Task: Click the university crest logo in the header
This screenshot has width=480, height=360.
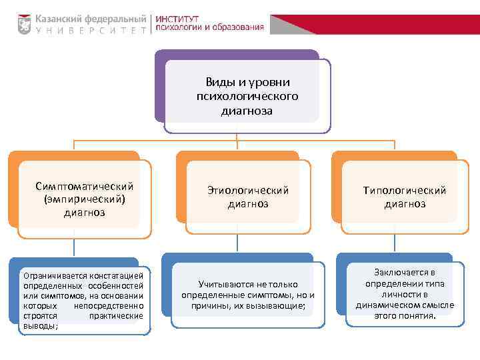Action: coord(24,24)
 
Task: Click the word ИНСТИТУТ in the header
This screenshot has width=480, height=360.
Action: coord(181,17)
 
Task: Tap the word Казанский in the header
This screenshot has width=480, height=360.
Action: coord(61,18)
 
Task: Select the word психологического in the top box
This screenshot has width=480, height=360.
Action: coord(247,97)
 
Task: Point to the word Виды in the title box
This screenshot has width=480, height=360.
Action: coord(218,82)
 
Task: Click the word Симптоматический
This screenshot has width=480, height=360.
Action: coord(85,185)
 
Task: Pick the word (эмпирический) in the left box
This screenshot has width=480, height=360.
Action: coord(85,199)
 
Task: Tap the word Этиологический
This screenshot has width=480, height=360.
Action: coord(248,191)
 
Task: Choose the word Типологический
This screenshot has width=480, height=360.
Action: coord(405,191)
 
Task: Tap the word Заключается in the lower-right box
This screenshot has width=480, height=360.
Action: coord(405,272)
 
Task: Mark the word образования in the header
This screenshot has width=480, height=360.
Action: coord(238,28)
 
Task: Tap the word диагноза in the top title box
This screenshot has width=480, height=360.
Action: coord(247,111)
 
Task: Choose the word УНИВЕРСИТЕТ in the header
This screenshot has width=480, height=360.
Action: coord(91,31)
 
